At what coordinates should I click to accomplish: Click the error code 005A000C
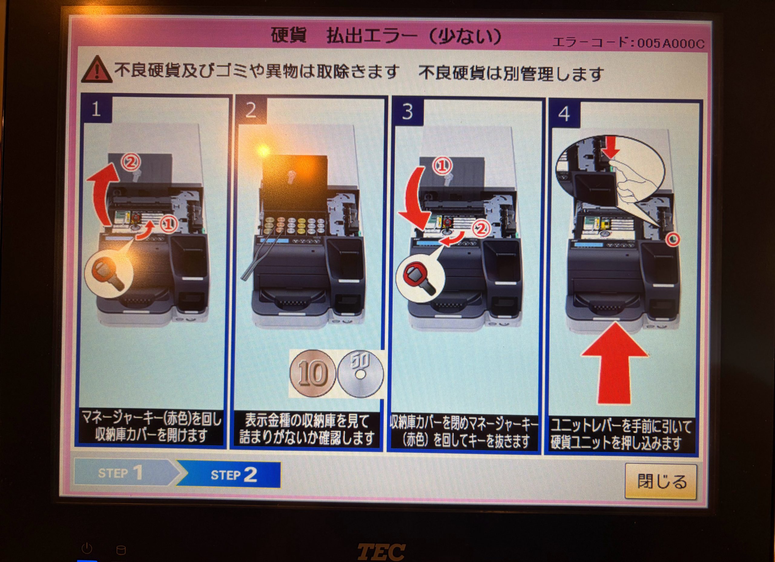tap(671, 43)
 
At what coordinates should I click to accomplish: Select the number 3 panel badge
tap(407, 111)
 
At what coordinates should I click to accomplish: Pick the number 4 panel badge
tap(564, 114)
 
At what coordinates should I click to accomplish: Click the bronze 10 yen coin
tap(312, 373)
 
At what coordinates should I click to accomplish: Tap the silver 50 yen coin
tap(360, 374)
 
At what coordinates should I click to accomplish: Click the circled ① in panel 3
tap(443, 166)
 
